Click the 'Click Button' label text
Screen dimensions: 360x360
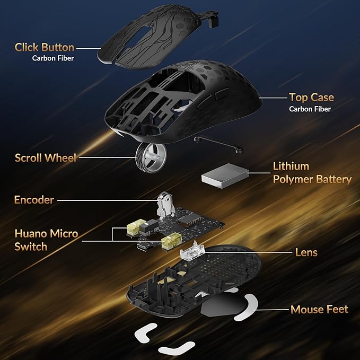pyautogui.click(x=45, y=47)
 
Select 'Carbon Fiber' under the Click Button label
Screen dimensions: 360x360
pyautogui.click(x=53, y=58)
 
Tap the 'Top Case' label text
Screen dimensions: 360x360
pyautogui.click(x=311, y=98)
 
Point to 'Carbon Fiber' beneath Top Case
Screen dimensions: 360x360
pyautogui.click(x=310, y=109)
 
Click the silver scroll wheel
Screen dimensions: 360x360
pyautogui.click(x=151, y=157)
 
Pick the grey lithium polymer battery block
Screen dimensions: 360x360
pyautogui.click(x=225, y=175)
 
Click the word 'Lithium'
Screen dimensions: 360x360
pyautogui.click(x=291, y=166)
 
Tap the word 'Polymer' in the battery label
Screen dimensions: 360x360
pyautogui.click(x=292, y=180)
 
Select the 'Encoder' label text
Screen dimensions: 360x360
pyautogui.click(x=34, y=200)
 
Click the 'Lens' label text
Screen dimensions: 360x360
pyautogui.click(x=306, y=252)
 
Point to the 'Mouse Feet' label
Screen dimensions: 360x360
pyautogui.click(x=319, y=309)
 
